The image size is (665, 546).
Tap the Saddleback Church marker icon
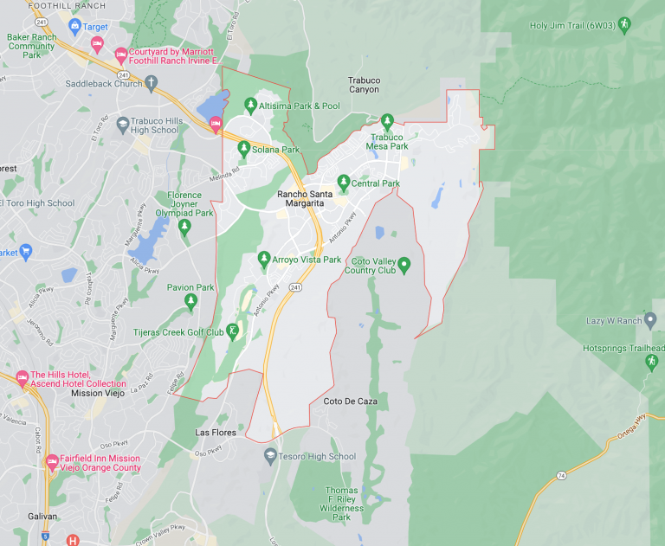pos(151,84)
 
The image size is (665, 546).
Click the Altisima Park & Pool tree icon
pos(251,106)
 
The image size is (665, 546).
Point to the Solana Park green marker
pos(243,148)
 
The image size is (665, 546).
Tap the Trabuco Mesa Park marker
pos(388,121)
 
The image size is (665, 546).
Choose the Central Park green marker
pos(344,183)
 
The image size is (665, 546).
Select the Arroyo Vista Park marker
pos(265,259)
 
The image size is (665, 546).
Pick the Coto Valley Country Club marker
pos(403,264)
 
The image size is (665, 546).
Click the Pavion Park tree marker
pos(191,300)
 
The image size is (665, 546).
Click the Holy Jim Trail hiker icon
pos(623,25)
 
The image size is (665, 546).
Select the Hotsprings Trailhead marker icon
pos(652,362)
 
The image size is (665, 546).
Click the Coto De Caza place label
pos(350,401)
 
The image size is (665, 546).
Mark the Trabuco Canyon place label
pos(364,85)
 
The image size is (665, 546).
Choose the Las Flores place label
pos(216,432)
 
